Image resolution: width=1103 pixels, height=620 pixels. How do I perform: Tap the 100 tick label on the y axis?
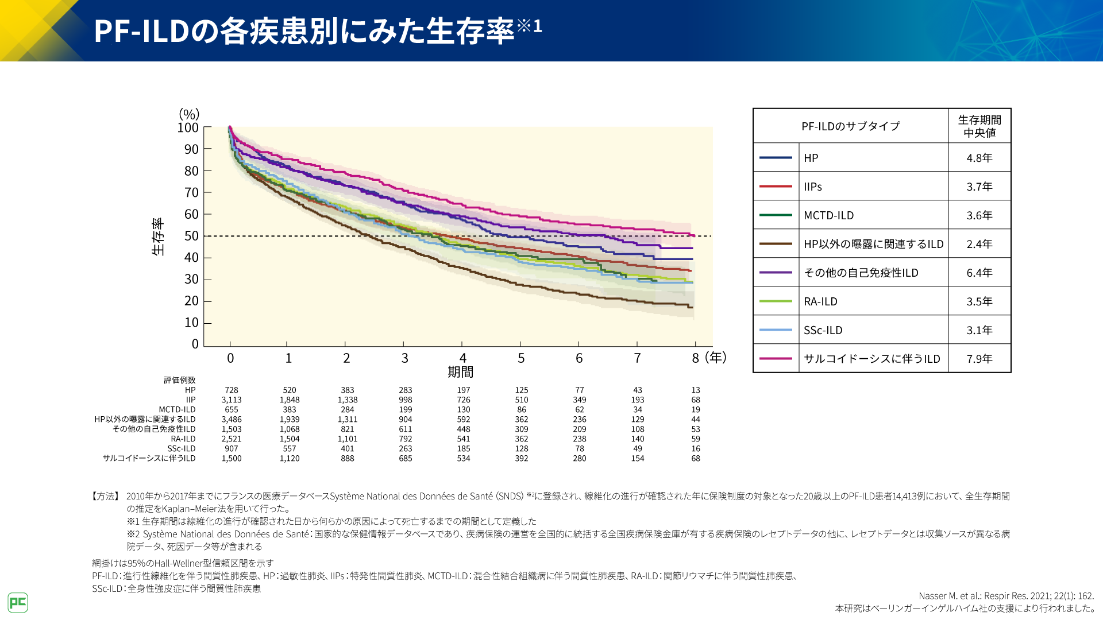point(188,127)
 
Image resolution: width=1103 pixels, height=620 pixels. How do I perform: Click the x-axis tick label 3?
point(404,358)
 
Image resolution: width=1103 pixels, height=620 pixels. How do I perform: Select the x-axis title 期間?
point(461,372)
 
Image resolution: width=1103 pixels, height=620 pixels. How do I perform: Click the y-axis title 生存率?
point(158,236)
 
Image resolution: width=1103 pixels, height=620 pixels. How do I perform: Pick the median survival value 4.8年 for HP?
point(979,158)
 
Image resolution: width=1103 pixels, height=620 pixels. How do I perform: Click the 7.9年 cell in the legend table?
point(979,359)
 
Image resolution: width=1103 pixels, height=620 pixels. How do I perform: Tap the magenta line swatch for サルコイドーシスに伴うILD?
point(776,359)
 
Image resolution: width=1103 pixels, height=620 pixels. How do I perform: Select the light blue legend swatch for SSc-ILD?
point(776,330)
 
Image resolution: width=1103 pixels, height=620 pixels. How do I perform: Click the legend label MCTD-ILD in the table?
point(828,215)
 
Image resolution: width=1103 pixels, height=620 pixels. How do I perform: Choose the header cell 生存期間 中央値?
point(979,126)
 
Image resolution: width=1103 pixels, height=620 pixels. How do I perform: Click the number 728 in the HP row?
point(232,390)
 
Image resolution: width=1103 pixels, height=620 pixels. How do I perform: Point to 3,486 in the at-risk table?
point(232,419)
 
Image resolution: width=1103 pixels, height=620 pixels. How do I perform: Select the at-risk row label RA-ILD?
point(183,439)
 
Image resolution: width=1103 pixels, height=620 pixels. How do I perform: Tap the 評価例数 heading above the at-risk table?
point(179,380)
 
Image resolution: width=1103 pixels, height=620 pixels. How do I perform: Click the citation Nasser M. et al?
point(1006,596)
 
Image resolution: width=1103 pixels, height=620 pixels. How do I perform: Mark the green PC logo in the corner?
point(18,602)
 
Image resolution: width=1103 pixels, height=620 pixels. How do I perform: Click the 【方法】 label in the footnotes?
point(105,496)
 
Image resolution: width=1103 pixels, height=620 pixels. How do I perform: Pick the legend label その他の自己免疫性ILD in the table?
point(861,273)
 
